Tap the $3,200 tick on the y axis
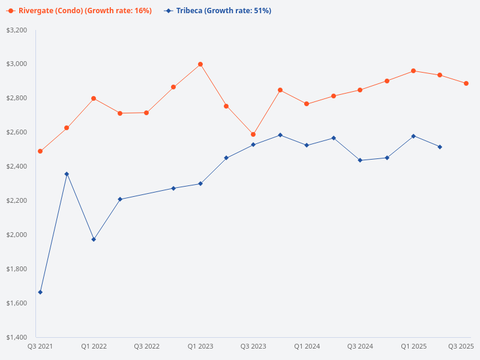pyautogui.click(x=16, y=30)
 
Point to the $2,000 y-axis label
pyautogui.click(x=16, y=235)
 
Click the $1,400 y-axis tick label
pyautogui.click(x=16, y=337)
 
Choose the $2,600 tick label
pyautogui.click(x=16, y=132)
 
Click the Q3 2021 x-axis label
pyautogui.click(x=40, y=346)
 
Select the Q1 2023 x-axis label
pyautogui.click(x=200, y=346)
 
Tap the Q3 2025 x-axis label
pyautogui.click(x=461, y=346)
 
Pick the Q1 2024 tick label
pyautogui.click(x=307, y=346)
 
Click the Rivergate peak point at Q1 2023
pyautogui.click(x=200, y=64)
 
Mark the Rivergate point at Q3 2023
pyautogui.click(x=253, y=134)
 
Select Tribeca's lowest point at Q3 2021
pyautogui.click(x=40, y=292)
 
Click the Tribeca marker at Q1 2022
pyautogui.click(x=94, y=239)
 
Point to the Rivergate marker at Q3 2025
pyautogui.click(x=466, y=83)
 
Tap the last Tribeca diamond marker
pyautogui.click(x=440, y=147)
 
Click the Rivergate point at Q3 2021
pyautogui.click(x=40, y=151)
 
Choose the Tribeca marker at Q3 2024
pyautogui.click(x=360, y=160)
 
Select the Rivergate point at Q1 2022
pyautogui.click(x=94, y=98)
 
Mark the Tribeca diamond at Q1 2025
pyautogui.click(x=413, y=136)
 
